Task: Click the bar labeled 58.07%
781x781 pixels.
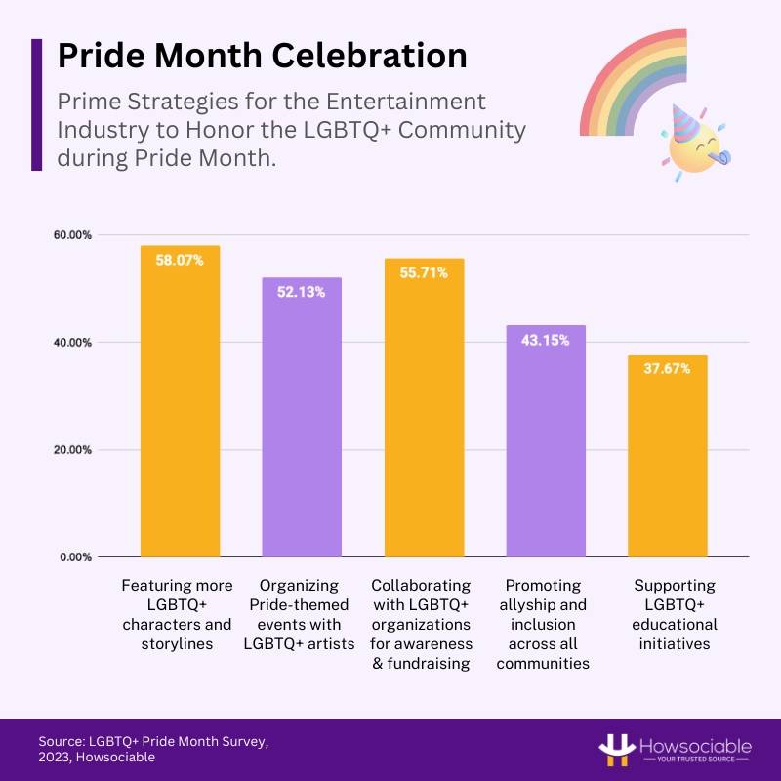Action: [x=180, y=400]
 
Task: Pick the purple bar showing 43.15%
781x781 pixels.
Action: [x=545, y=440]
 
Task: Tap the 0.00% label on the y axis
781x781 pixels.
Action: [x=75, y=557]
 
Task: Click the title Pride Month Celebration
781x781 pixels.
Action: [x=262, y=55]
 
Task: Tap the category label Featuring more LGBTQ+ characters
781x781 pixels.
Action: [x=177, y=614]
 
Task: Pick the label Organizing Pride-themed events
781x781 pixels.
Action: [x=302, y=614]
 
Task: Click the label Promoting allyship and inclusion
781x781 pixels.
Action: [x=544, y=624]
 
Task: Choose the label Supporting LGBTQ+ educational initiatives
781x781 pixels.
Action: [x=674, y=614]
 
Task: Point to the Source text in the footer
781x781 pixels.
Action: [x=153, y=749]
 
